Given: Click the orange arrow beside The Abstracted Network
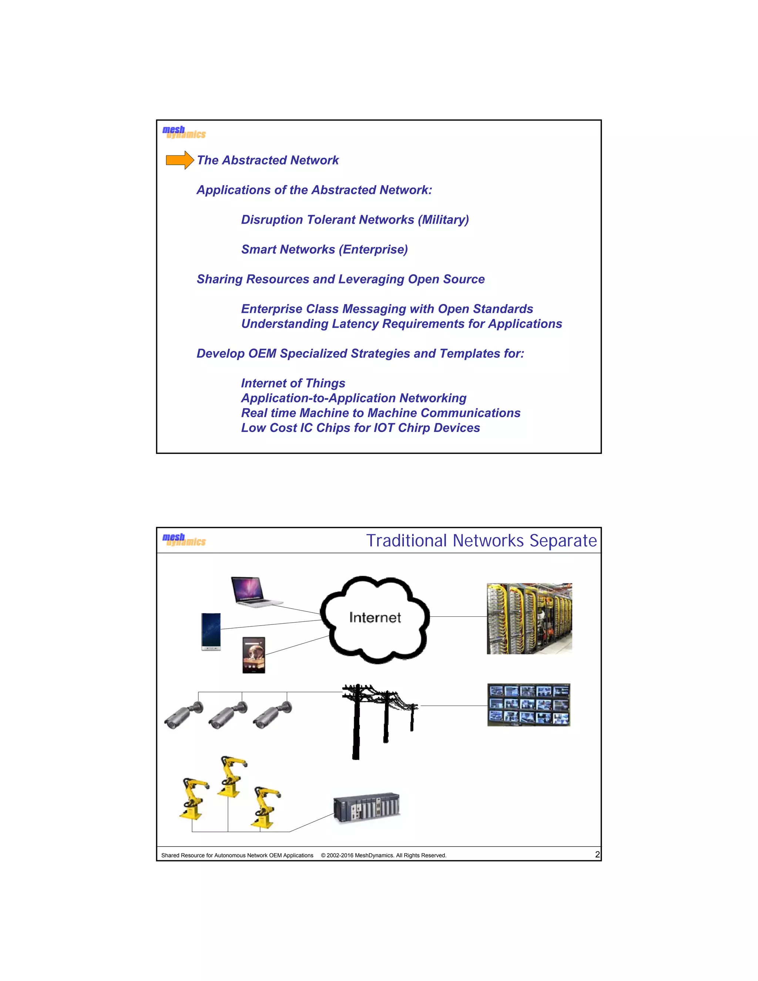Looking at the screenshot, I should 180,160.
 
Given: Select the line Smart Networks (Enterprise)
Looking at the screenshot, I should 324,249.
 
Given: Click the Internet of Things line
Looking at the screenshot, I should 293,383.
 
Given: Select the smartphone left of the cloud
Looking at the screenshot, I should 211,632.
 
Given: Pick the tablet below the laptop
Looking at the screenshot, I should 254,655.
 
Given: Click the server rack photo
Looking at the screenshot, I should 529,619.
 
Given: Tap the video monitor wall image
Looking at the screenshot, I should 529,705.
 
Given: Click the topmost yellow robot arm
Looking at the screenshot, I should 232,776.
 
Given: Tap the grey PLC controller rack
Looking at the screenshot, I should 366,808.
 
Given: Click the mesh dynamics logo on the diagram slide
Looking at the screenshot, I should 184,539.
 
